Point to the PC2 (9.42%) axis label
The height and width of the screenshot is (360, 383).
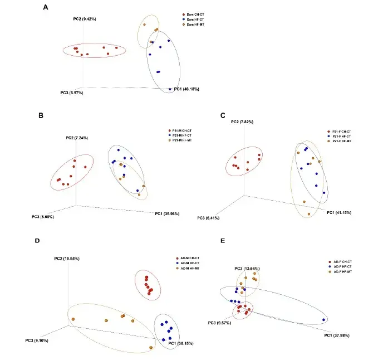(x=85, y=19)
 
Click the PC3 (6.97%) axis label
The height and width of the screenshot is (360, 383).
(x=72, y=93)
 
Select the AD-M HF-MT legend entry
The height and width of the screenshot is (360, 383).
(x=186, y=269)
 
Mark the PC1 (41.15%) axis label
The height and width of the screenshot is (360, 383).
(x=339, y=212)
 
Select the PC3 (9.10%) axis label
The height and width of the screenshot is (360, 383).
(x=37, y=340)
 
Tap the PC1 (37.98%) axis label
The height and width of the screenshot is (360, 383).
(x=337, y=335)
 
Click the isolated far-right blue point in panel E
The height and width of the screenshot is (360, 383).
(x=324, y=320)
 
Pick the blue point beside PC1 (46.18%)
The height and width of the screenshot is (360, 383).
(x=170, y=89)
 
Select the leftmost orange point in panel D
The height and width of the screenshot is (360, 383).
(x=72, y=319)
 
